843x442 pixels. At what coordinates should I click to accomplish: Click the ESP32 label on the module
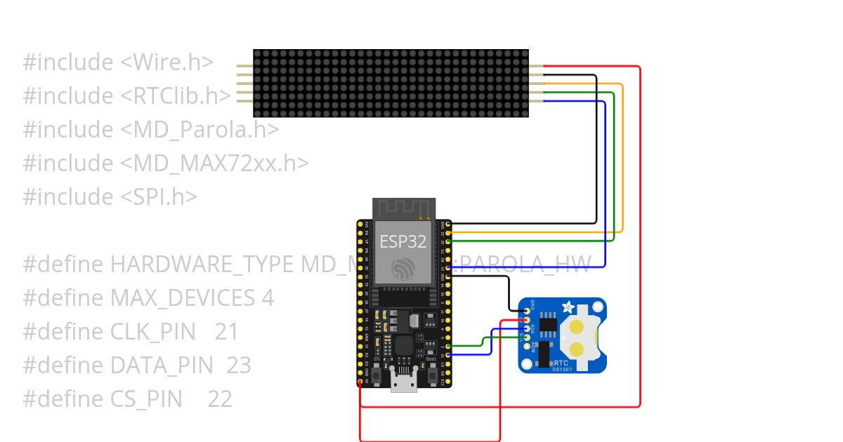coord(403,242)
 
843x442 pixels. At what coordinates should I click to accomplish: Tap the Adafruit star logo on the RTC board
coord(568,307)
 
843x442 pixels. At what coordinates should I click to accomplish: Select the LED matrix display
coord(391,83)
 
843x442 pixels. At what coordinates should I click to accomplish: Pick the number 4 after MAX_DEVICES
coord(267,298)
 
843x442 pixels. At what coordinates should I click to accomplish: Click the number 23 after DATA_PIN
coord(239,366)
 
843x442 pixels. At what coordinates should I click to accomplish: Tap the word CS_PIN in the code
coord(146,399)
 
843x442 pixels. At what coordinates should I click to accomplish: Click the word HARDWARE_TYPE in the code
coord(202,264)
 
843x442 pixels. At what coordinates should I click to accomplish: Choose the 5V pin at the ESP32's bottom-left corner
coord(360,382)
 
